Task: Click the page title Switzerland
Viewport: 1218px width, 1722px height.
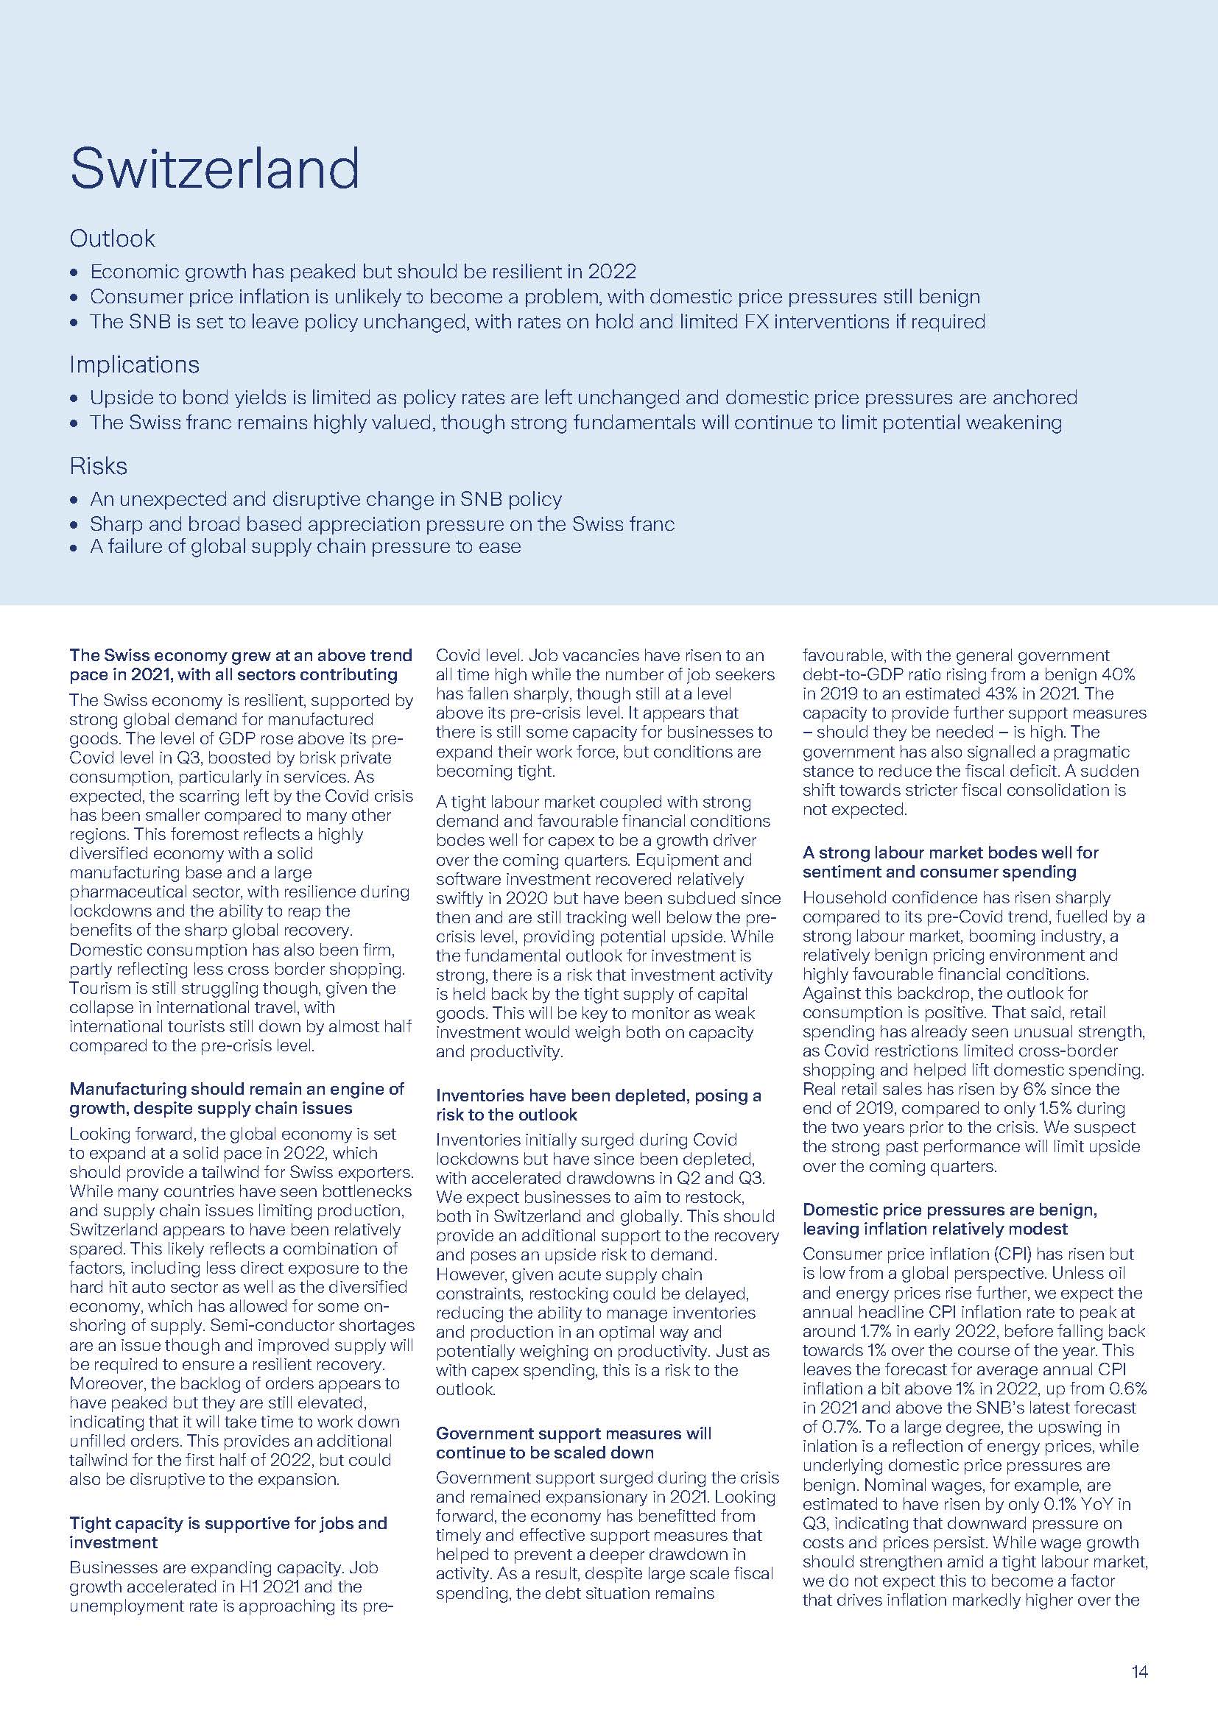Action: pyautogui.click(x=214, y=169)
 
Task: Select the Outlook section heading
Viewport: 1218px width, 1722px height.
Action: pyautogui.click(x=112, y=239)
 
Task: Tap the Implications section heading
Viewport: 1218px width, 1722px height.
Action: pyautogui.click(x=134, y=364)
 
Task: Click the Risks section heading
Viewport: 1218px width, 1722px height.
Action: pyautogui.click(x=98, y=466)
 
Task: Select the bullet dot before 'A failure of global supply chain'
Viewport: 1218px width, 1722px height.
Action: pyautogui.click(x=74, y=548)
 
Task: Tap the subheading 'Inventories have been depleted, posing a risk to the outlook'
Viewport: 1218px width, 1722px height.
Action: pyautogui.click(x=598, y=1105)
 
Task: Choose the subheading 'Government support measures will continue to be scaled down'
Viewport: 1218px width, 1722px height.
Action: pyautogui.click(x=574, y=1442)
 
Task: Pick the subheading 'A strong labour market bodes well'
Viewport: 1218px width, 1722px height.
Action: pyautogui.click(x=949, y=862)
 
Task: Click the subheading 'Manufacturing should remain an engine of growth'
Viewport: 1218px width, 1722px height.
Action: pyautogui.click(x=236, y=1098)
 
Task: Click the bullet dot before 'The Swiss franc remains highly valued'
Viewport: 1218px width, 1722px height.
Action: pyautogui.click(x=74, y=424)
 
